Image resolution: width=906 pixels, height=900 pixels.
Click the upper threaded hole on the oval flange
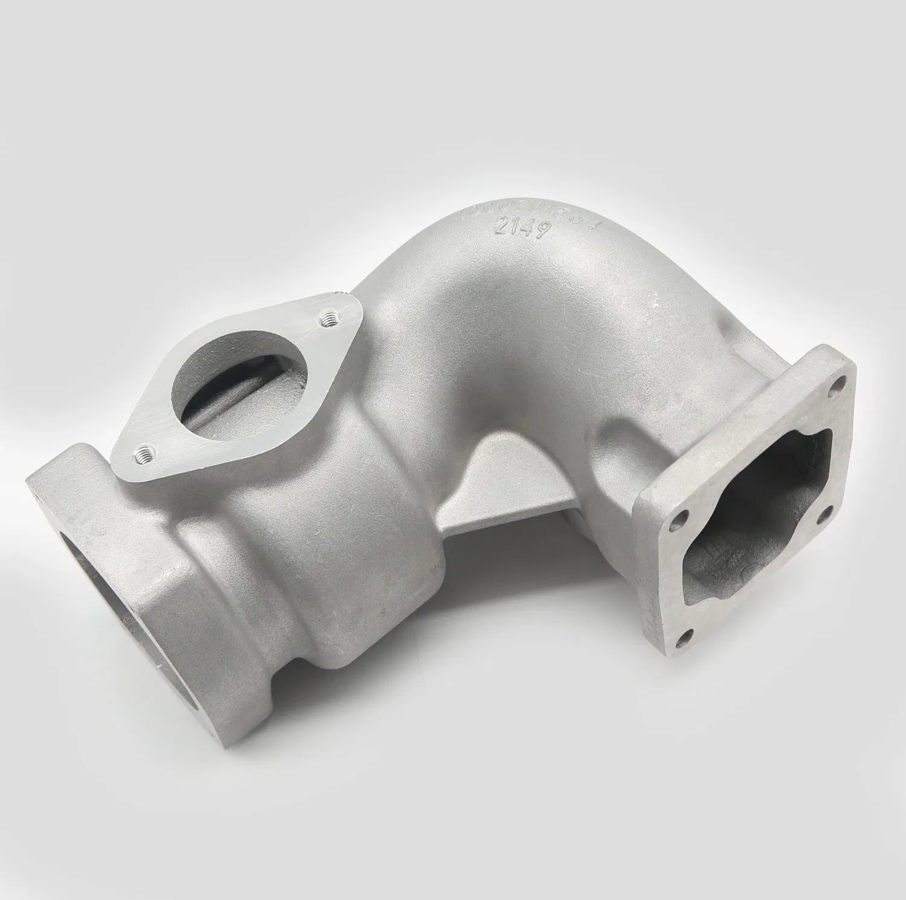coord(329,318)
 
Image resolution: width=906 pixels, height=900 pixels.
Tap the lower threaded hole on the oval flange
coord(145,450)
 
